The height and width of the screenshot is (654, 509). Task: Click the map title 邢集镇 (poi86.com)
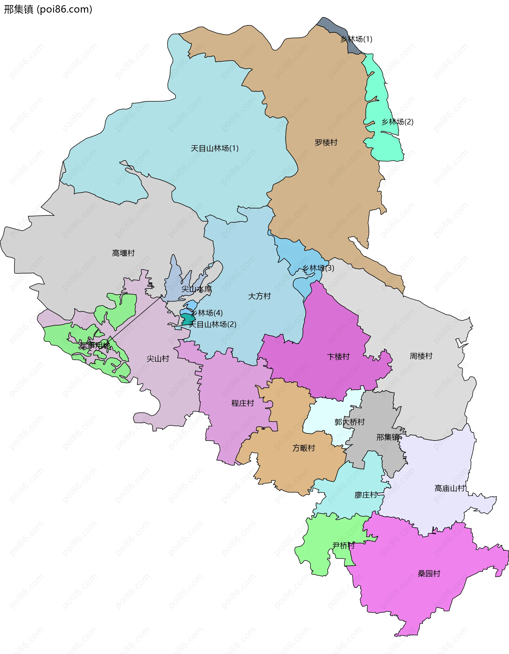pos(48,10)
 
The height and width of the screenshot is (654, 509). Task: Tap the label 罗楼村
pos(326,142)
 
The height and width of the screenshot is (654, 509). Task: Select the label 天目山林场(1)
pos(214,148)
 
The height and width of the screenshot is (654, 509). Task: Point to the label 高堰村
pos(123,253)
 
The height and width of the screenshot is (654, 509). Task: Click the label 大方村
pos(259,296)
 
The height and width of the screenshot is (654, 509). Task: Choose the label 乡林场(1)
pos(356,39)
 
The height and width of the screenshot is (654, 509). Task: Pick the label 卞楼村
pos(338,357)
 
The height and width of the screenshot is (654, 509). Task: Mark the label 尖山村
pos(158,359)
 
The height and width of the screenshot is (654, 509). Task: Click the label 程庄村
pos(243,403)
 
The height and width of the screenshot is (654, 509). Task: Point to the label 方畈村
pos(304,448)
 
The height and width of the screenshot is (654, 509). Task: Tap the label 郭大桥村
pos(349,422)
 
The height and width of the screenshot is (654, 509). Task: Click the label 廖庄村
pos(366,495)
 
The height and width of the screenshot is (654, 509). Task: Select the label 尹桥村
pos(343,546)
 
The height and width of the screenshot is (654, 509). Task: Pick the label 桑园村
pos(429,573)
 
